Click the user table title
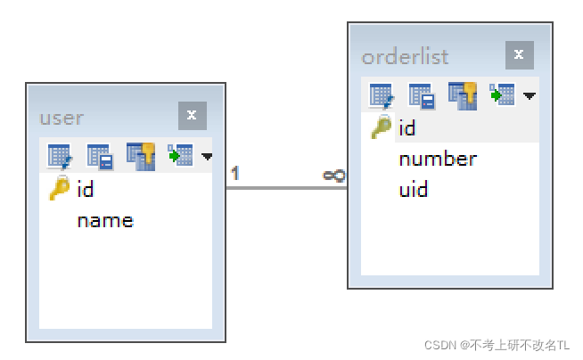pos(62,118)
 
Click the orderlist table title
pos(405,57)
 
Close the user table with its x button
pos(192,116)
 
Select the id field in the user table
pos(86,189)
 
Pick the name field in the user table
pos(105,220)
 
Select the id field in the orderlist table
pos(407,128)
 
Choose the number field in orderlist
pos(438,160)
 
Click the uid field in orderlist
pos(414,190)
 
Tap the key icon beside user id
pos(59,189)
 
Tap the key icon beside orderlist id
pos(381,128)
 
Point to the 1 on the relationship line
pos(234,174)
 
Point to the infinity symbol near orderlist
pos(333,176)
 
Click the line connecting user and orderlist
pos(285,187)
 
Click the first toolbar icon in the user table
pos(59,157)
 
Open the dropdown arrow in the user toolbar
pos(208,157)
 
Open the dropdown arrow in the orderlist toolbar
pos(530,95)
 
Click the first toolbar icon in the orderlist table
pos(381,94)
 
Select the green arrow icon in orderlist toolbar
pos(502,94)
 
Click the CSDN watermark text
pos(497,345)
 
